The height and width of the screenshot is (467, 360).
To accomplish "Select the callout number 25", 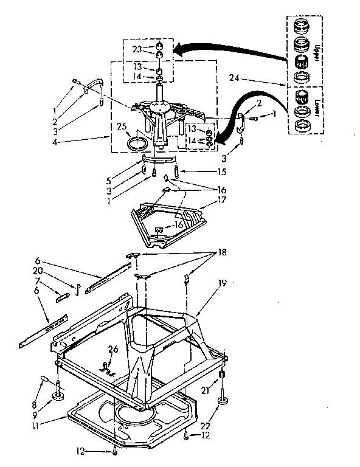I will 121,127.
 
